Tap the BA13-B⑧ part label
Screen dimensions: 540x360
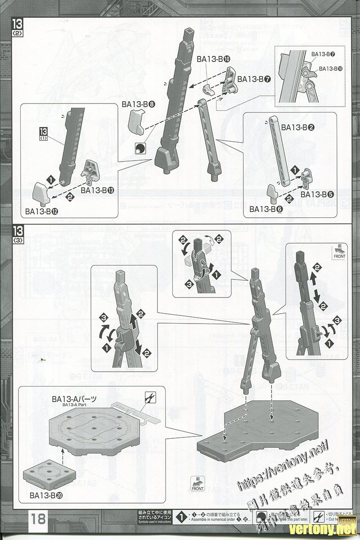coord(138,104)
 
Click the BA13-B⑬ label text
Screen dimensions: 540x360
coord(97,190)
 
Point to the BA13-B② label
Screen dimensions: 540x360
coord(297,127)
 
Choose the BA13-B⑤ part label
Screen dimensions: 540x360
coord(317,194)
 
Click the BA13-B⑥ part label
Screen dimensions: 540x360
coord(265,209)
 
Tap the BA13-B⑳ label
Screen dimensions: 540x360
coord(46,495)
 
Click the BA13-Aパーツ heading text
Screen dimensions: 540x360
coord(74,399)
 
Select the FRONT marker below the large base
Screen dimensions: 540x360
coord(198,484)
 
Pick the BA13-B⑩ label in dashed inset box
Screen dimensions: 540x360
coord(330,68)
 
